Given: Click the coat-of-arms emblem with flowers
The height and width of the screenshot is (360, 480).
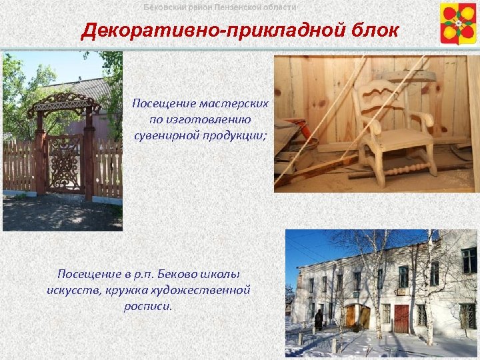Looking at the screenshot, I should click(x=458, y=23).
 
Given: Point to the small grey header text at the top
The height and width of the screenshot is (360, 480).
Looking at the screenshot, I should click(x=220, y=7).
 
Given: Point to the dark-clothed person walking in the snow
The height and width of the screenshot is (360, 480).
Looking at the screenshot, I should click(x=319, y=320).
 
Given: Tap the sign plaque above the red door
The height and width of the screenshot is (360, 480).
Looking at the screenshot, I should click(x=401, y=292).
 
